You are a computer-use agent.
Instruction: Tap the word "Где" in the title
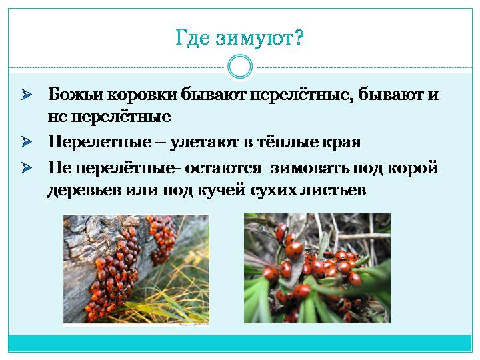193,37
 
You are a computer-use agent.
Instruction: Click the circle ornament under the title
240,67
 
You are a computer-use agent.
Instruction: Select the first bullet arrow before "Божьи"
27,95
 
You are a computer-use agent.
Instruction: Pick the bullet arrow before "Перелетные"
27,142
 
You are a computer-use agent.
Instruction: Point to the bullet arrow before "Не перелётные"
27,168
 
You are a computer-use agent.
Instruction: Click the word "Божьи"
75,94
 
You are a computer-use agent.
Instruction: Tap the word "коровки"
143,94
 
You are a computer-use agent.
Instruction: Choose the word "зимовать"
309,168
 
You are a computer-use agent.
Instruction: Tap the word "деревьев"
84,191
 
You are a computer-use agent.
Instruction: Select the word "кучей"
221,190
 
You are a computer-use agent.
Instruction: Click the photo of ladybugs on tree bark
136,269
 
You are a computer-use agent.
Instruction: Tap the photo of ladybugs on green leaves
317,268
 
